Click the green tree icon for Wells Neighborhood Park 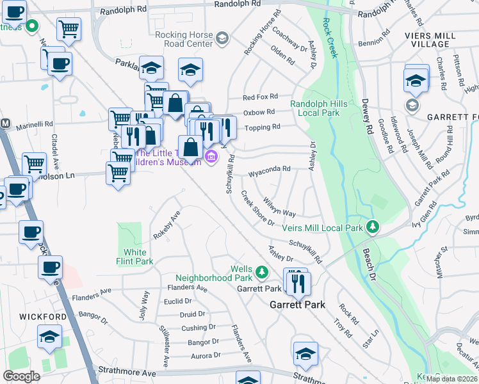[x=261, y=273]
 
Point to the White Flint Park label [x=139, y=257]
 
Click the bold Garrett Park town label [x=296, y=305]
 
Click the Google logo [x=21, y=376]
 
